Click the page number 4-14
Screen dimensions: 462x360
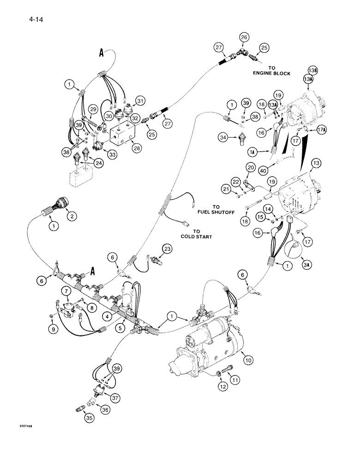pyautogui.click(x=28, y=19)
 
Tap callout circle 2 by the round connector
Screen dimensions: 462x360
pyautogui.click(x=71, y=216)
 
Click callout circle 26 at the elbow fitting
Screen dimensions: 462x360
pyautogui.click(x=244, y=37)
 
